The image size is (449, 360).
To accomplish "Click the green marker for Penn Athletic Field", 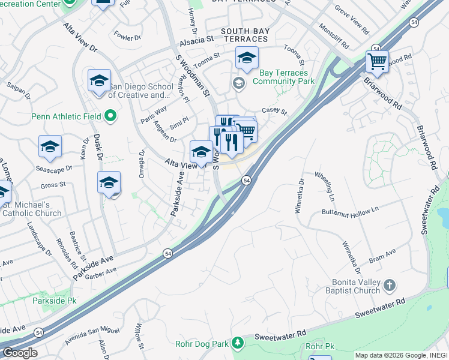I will click(x=110, y=115).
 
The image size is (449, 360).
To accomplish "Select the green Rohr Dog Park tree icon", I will click(x=238, y=343).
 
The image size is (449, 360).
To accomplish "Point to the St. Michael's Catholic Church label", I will click(x=32, y=209).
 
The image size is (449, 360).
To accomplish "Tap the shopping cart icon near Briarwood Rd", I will click(x=377, y=61).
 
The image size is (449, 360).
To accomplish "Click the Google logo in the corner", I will click(x=19, y=353).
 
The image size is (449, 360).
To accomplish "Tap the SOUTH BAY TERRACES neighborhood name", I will click(x=245, y=35).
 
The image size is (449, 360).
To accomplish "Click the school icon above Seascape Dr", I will click(x=50, y=146).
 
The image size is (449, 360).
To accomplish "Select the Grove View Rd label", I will click(x=352, y=17).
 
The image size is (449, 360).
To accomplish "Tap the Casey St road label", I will click(x=275, y=113).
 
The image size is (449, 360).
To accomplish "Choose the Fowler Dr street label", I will click(x=127, y=37).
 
